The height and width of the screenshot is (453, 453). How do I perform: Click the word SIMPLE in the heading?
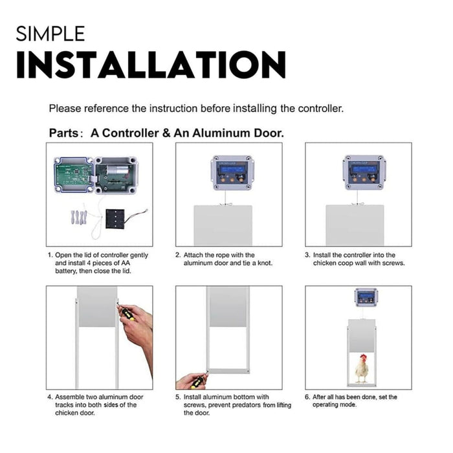pos(50,33)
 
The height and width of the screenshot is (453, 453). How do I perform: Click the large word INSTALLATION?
pos(151,65)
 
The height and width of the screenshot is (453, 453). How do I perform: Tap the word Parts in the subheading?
pos(65,133)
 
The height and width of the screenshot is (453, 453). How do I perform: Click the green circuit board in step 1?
pos(73,174)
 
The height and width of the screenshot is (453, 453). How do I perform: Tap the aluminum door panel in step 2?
pos(224,225)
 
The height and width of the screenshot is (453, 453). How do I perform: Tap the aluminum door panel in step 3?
pos(354,225)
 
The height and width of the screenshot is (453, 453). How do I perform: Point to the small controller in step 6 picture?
pos(366,297)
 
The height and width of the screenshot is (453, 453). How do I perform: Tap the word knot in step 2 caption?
pos(264,263)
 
